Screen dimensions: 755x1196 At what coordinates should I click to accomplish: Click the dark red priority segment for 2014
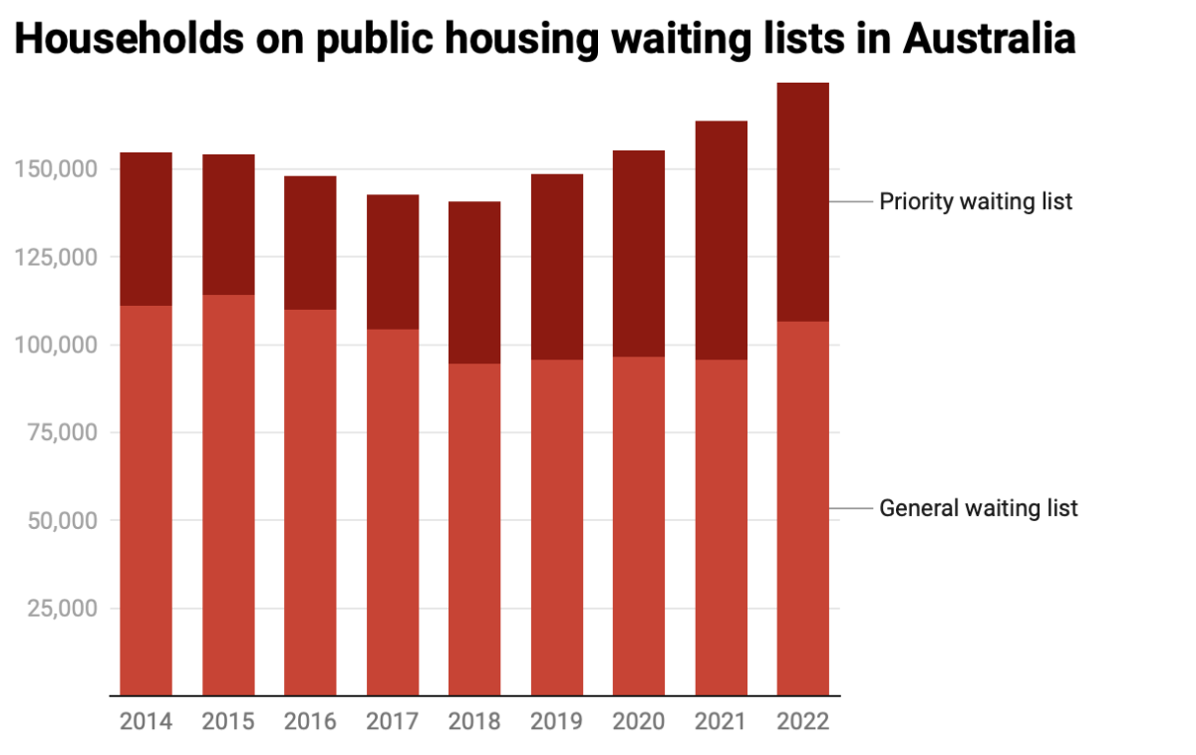click(x=146, y=229)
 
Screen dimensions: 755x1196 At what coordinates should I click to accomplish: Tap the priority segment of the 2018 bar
click(x=474, y=283)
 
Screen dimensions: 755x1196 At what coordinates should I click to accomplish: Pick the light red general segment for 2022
click(x=802, y=508)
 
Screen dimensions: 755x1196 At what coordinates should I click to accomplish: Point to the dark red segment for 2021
click(x=721, y=240)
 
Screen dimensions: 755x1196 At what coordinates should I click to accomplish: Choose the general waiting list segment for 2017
click(x=393, y=512)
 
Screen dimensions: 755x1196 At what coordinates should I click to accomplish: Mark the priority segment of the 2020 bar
click(x=639, y=254)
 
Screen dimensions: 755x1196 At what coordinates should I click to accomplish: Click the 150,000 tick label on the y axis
click(x=56, y=169)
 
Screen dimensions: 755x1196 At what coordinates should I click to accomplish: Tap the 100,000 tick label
click(x=56, y=345)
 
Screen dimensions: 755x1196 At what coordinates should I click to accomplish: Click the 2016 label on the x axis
click(x=310, y=722)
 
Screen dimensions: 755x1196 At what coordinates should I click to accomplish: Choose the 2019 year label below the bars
click(x=556, y=722)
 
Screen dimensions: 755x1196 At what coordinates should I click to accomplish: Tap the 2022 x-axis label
click(x=802, y=722)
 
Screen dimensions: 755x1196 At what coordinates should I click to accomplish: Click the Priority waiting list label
click(x=976, y=201)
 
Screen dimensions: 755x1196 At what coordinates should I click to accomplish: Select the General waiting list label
click(x=978, y=508)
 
